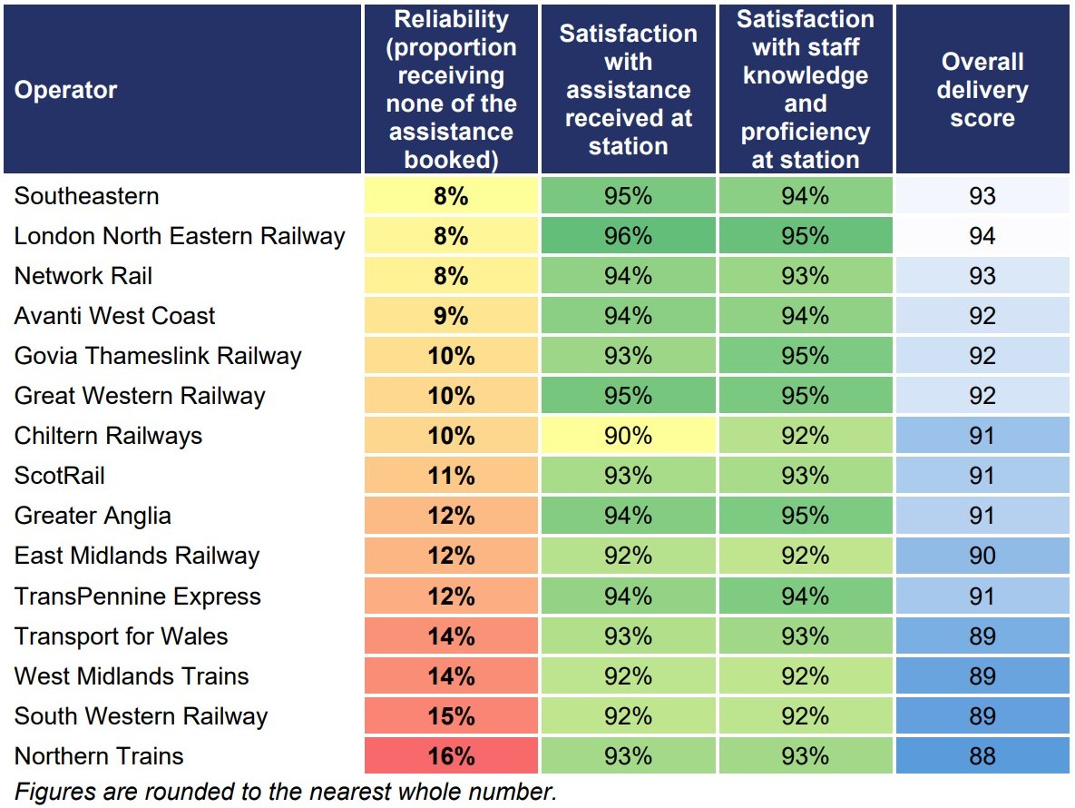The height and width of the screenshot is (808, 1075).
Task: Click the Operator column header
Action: point(66,90)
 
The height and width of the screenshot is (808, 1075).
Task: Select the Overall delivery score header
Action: point(982,90)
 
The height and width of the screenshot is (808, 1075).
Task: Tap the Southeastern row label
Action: point(87,196)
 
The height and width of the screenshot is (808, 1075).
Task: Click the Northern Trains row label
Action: point(99,756)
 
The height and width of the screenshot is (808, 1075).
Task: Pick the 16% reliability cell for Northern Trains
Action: point(451,756)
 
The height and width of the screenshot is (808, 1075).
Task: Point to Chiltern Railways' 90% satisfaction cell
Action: point(628,436)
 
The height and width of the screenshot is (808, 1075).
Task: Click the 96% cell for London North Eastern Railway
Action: point(628,236)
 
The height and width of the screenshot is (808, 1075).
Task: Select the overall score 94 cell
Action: point(982,236)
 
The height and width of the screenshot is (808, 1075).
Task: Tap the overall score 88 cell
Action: point(982,756)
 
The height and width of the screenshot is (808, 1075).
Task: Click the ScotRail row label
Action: point(61,476)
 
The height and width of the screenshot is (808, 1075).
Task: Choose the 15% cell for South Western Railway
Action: point(451,716)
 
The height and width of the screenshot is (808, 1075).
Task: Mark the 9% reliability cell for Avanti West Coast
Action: point(451,316)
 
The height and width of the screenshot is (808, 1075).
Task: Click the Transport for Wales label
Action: point(122,636)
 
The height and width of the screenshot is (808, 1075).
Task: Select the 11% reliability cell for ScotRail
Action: point(451,476)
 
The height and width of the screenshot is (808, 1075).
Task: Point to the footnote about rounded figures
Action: point(286,791)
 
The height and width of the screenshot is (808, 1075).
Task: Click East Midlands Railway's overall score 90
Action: point(982,556)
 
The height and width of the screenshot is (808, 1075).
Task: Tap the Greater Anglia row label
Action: point(93,516)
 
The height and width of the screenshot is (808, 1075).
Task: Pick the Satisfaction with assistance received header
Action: point(628,90)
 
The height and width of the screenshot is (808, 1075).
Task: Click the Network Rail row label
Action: point(83,276)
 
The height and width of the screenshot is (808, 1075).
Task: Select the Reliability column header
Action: point(451,90)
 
